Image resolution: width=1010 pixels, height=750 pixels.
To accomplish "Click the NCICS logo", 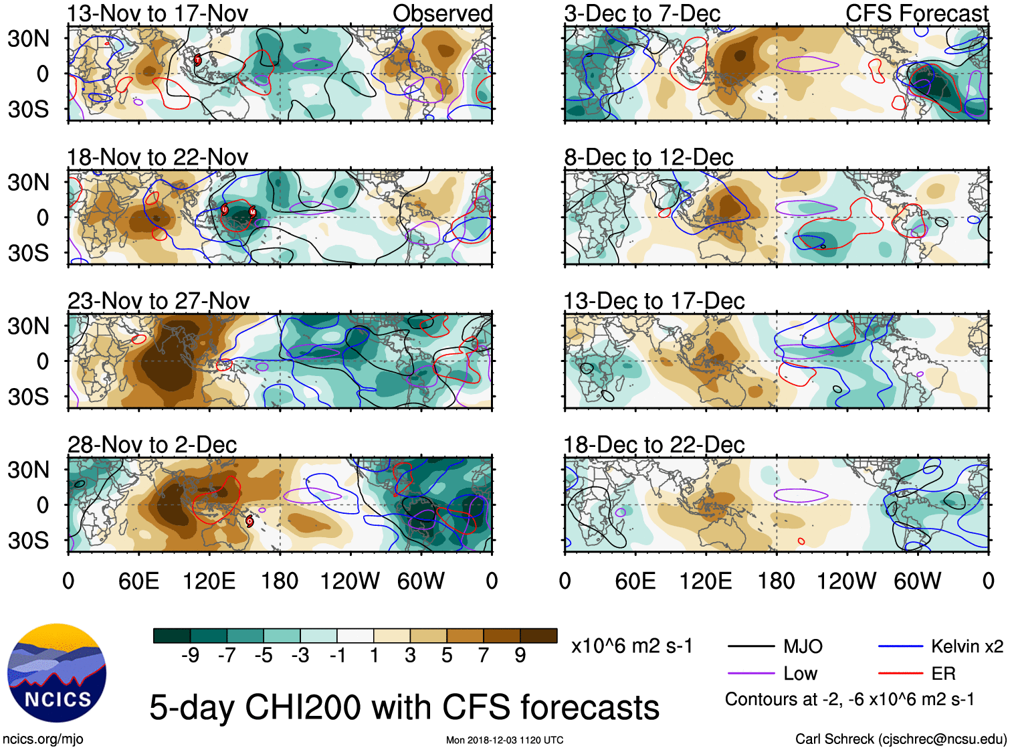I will click(57, 672).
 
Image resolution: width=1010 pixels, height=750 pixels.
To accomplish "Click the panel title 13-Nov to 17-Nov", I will click(157, 13).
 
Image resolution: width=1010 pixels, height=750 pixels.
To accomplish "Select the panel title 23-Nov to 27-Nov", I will click(159, 301).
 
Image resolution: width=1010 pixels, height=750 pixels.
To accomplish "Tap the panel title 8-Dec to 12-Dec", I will click(649, 157).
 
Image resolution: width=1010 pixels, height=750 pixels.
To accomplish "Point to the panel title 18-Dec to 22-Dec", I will click(654, 445).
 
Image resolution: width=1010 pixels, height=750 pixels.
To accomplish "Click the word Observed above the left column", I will click(442, 13).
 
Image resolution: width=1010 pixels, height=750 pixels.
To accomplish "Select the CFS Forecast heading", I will click(916, 13).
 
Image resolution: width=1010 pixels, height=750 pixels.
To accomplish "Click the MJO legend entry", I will click(802, 646).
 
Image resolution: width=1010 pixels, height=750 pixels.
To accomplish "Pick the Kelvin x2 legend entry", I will click(967, 646).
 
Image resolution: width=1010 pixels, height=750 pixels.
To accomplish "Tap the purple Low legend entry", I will click(800, 673).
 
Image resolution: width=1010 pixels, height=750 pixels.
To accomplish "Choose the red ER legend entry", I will click(943, 673).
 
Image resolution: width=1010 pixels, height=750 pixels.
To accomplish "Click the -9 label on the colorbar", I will click(190, 656).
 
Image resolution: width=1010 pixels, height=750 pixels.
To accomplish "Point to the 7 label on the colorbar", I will click(484, 656).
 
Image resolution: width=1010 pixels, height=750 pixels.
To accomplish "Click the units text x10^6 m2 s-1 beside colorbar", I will click(631, 646).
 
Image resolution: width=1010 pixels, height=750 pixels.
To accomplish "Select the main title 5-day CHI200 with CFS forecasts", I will click(404, 707).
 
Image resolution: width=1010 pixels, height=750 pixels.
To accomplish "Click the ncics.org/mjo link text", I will click(43, 739).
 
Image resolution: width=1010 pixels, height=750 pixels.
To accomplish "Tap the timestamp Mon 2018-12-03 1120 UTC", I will click(504, 740).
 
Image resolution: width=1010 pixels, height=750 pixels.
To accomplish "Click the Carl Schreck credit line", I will click(900, 739).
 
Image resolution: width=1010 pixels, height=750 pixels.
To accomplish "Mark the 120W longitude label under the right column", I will click(846, 581).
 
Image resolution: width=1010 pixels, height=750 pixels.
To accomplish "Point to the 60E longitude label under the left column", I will click(138, 581).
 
